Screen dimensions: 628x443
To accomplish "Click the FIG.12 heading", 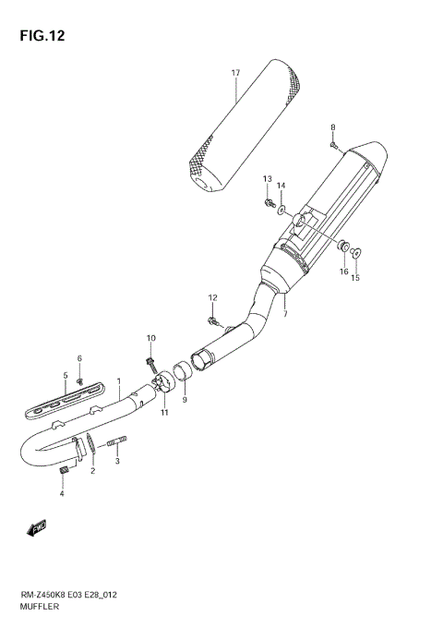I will click(41, 36).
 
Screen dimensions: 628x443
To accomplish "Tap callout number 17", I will click(236, 72).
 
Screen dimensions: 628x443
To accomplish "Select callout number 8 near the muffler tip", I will click(333, 127).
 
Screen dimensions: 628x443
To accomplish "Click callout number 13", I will click(268, 177).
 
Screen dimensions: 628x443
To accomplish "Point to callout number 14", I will click(282, 186).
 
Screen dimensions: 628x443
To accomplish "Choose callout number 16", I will click(343, 272).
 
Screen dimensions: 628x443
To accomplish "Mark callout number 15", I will click(355, 277).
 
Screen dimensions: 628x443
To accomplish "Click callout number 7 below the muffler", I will click(285, 314).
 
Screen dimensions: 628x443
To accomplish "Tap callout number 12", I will click(211, 297).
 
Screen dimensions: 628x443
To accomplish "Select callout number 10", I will click(150, 338).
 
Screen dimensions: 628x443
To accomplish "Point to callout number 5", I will click(66, 375).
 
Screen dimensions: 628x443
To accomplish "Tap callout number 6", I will click(79, 358).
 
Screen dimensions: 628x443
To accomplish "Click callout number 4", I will click(63, 494).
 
